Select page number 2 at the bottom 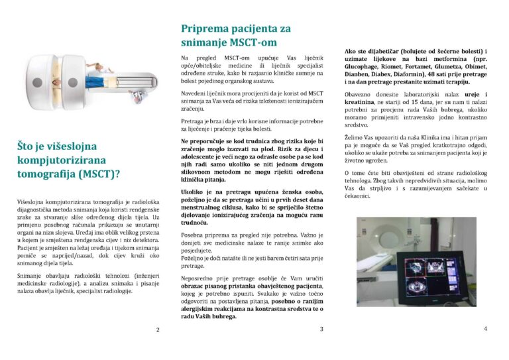tap(157, 330)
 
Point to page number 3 tap(321, 329)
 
